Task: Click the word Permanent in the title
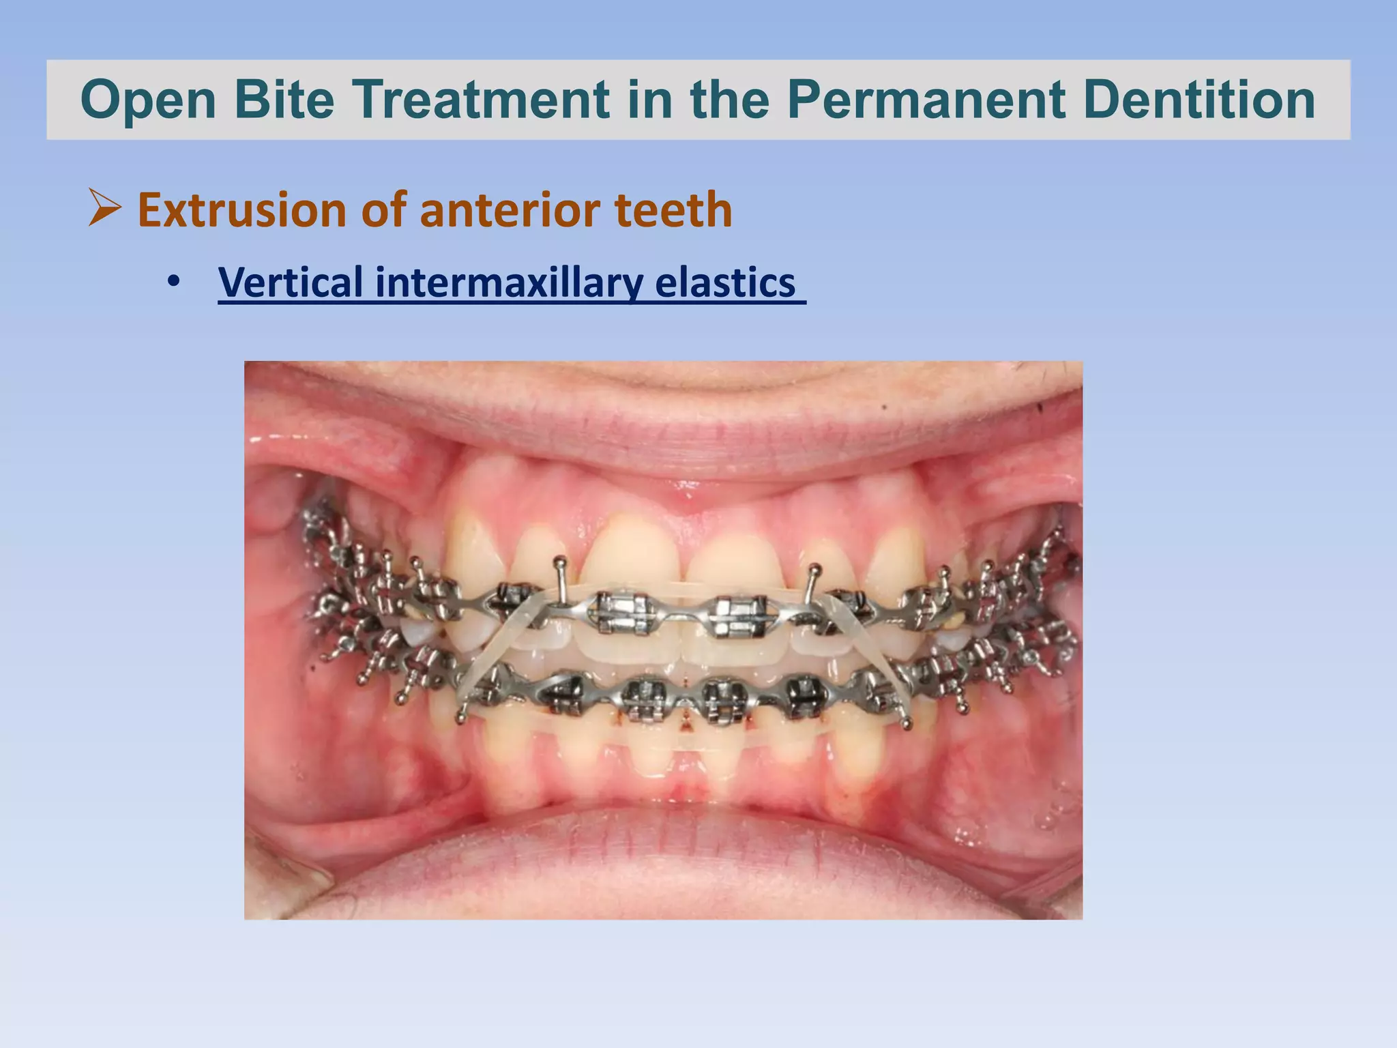(925, 100)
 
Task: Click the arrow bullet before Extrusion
(105, 209)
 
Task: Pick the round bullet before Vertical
(174, 282)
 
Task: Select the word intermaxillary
(508, 282)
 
